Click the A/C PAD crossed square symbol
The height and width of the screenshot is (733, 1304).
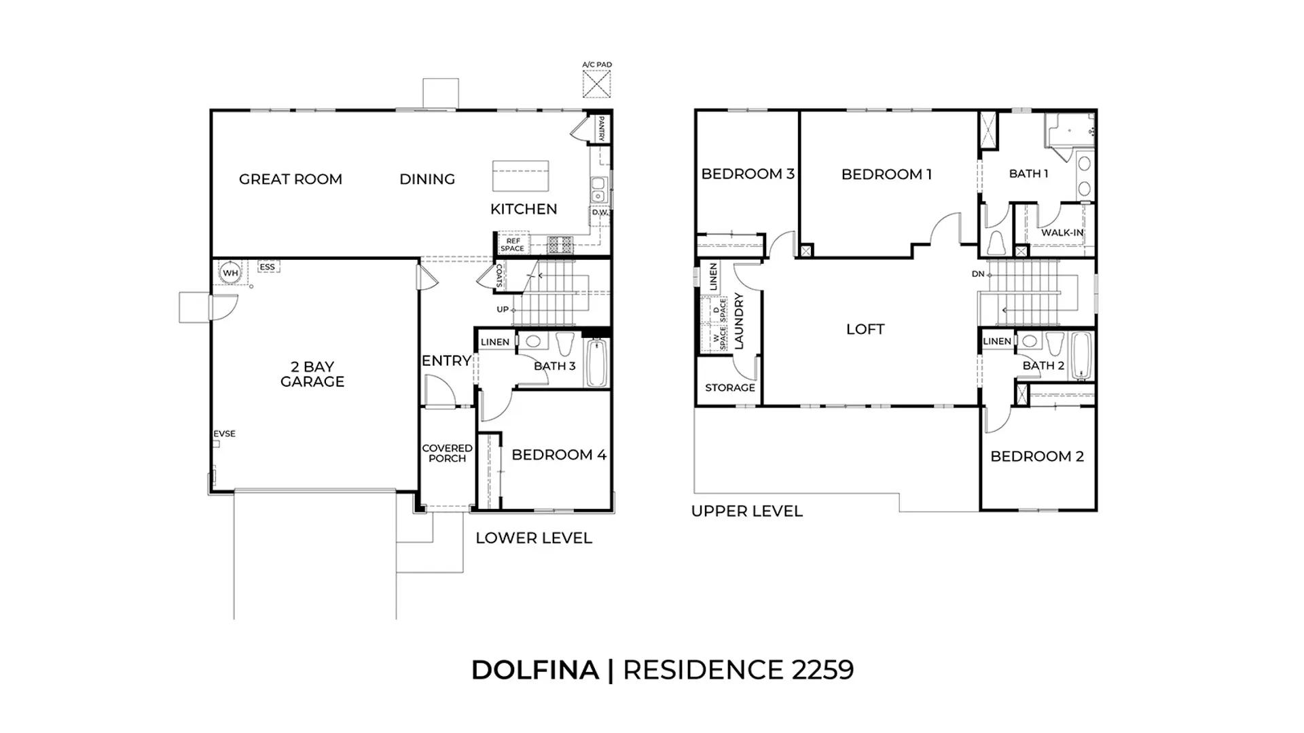point(597,84)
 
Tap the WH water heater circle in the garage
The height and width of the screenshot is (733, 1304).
point(231,273)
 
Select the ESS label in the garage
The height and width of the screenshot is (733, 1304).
point(268,267)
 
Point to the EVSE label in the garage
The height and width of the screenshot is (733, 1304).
point(225,434)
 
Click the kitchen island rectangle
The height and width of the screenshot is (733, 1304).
point(520,176)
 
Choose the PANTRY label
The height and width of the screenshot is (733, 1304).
point(601,129)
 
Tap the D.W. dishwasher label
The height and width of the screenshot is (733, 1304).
point(600,212)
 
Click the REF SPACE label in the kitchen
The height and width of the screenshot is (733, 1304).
point(513,244)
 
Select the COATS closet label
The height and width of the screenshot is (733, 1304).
point(499,276)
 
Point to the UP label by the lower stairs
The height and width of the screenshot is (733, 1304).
point(503,309)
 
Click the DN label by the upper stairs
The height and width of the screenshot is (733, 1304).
point(978,274)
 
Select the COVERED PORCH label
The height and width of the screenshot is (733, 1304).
point(448,453)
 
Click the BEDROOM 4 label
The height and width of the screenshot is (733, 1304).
point(559,455)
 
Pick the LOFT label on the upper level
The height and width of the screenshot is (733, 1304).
point(865,329)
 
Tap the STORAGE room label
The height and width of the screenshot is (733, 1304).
point(730,388)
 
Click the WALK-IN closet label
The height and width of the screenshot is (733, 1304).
point(1062,233)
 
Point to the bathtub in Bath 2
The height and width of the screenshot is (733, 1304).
point(1081,357)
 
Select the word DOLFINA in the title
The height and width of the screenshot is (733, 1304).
point(535,670)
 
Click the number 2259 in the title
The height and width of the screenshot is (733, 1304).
point(822,670)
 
